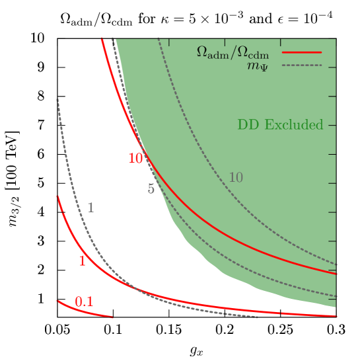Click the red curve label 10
[135, 158]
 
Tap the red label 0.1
[84, 302]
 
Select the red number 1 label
[83, 261]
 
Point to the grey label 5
[151, 189]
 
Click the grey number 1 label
[90, 208]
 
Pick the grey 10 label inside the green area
[236, 177]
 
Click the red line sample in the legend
[302, 52]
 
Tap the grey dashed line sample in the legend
[302, 65]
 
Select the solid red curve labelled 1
[198, 304]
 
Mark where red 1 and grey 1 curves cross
[132, 287]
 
